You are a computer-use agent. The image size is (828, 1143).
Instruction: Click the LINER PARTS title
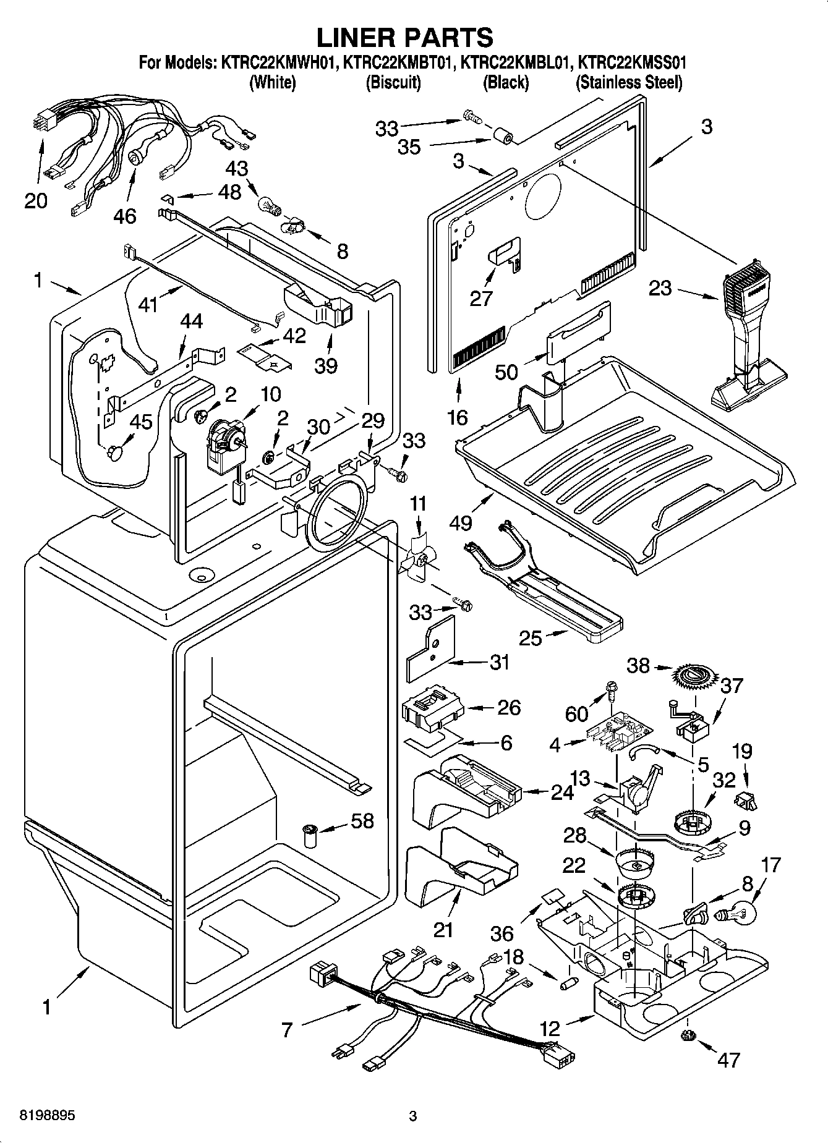[x=405, y=37]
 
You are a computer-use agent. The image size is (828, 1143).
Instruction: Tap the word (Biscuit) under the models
[x=393, y=82]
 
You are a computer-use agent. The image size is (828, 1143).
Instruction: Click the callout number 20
[x=36, y=201]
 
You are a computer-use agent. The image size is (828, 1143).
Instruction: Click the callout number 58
[x=362, y=821]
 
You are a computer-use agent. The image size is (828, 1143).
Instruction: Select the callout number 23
[x=660, y=288]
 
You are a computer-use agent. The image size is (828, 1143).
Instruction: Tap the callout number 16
[x=458, y=417]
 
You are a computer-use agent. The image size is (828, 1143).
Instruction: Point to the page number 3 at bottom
[x=413, y=1116]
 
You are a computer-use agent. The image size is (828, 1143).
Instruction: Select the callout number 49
[x=461, y=522]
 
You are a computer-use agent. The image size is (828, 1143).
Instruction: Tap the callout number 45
[x=141, y=422]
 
